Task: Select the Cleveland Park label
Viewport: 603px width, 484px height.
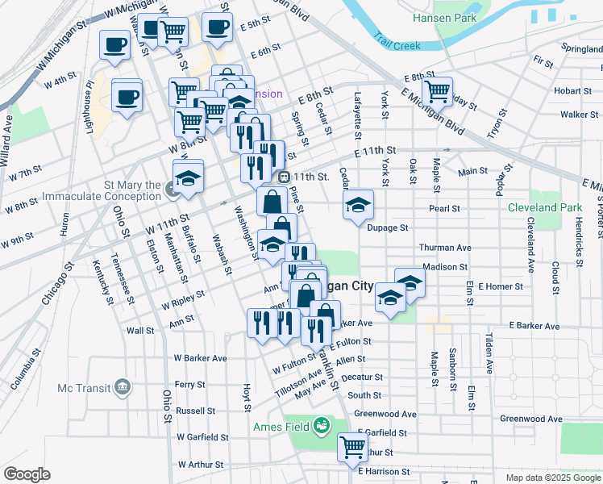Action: tap(545, 207)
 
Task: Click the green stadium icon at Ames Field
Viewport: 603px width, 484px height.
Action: tap(322, 424)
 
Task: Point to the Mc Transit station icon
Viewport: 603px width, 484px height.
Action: tap(123, 387)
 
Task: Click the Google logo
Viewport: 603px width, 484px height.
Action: tap(27, 474)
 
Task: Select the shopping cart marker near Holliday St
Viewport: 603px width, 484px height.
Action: tap(437, 90)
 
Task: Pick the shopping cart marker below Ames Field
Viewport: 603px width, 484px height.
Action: tap(352, 446)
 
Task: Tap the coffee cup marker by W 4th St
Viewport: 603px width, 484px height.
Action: tap(127, 98)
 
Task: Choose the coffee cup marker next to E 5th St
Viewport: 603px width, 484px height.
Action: tap(217, 27)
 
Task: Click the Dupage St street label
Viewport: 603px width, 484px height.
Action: tap(388, 228)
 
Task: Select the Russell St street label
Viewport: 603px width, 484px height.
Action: tap(195, 411)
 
